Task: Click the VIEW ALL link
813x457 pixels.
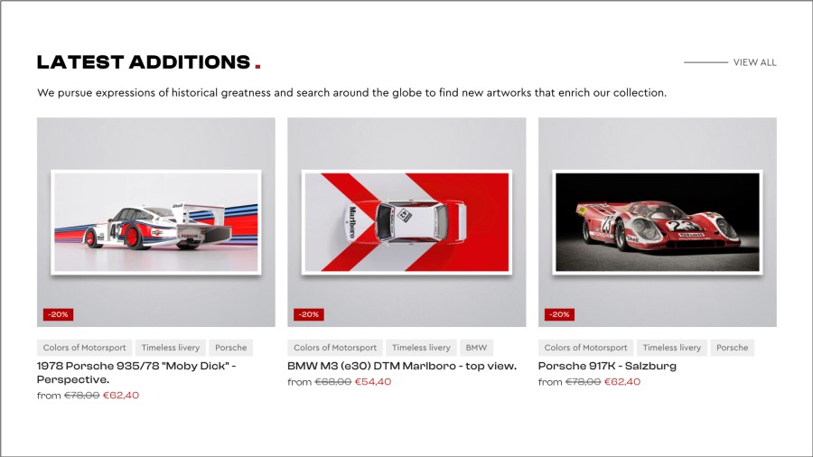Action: tap(754, 62)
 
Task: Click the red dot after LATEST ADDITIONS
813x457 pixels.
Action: tap(257, 66)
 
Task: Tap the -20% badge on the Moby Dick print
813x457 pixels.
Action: tap(58, 314)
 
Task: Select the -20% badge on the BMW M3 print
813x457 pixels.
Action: tap(309, 314)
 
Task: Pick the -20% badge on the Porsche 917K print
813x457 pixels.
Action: tap(559, 314)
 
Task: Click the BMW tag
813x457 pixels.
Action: tap(476, 348)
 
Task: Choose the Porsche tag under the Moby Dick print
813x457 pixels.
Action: tap(230, 348)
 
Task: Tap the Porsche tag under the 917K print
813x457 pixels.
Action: tap(732, 348)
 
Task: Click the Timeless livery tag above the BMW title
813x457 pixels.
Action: tap(421, 348)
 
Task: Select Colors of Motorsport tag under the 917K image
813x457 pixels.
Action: tap(585, 348)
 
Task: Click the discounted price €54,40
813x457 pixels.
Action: tap(373, 382)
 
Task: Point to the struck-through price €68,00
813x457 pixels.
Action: tap(332, 382)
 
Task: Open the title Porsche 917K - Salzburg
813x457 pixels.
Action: tap(607, 366)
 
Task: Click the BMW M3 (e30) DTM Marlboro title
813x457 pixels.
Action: tap(402, 366)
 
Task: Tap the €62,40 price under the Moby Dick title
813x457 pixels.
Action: tap(121, 396)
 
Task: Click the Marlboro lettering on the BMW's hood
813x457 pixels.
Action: tap(352, 222)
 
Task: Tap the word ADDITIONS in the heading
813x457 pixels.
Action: tap(190, 62)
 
